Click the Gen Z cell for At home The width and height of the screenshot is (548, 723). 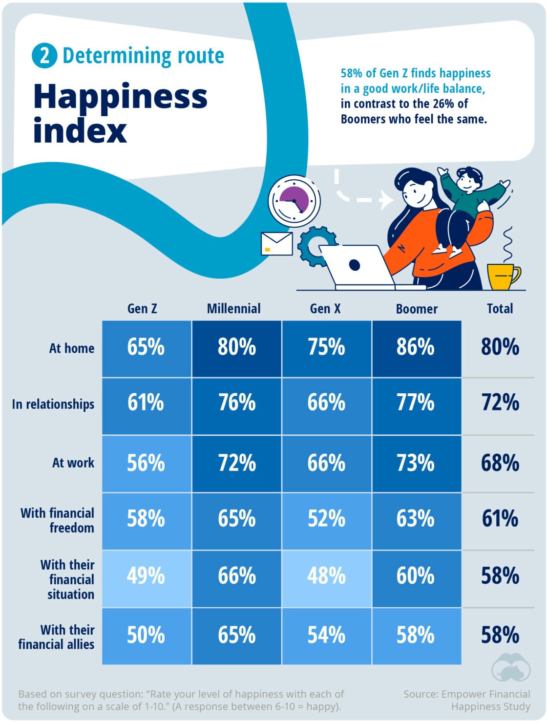tap(146, 348)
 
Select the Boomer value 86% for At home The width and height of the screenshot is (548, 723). tap(416, 348)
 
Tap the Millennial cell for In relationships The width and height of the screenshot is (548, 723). tap(237, 404)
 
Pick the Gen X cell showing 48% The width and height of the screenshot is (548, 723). tap(326, 576)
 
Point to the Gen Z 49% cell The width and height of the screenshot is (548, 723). tap(146, 576)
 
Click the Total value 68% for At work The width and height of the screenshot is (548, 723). tap(500, 463)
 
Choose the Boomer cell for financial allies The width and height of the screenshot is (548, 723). tap(416, 635)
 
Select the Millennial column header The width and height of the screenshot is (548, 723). tap(233, 309)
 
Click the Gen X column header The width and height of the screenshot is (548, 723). tap(325, 309)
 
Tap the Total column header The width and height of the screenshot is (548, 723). tap(500, 309)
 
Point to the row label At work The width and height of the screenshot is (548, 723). tap(73, 463)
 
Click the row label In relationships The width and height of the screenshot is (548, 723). tap(53, 404)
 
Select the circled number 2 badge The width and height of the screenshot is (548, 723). tap(44, 56)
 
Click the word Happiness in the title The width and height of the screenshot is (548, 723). tap(120, 97)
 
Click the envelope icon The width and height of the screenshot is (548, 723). tap(277, 243)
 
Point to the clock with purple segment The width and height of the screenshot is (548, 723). tap(294, 201)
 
